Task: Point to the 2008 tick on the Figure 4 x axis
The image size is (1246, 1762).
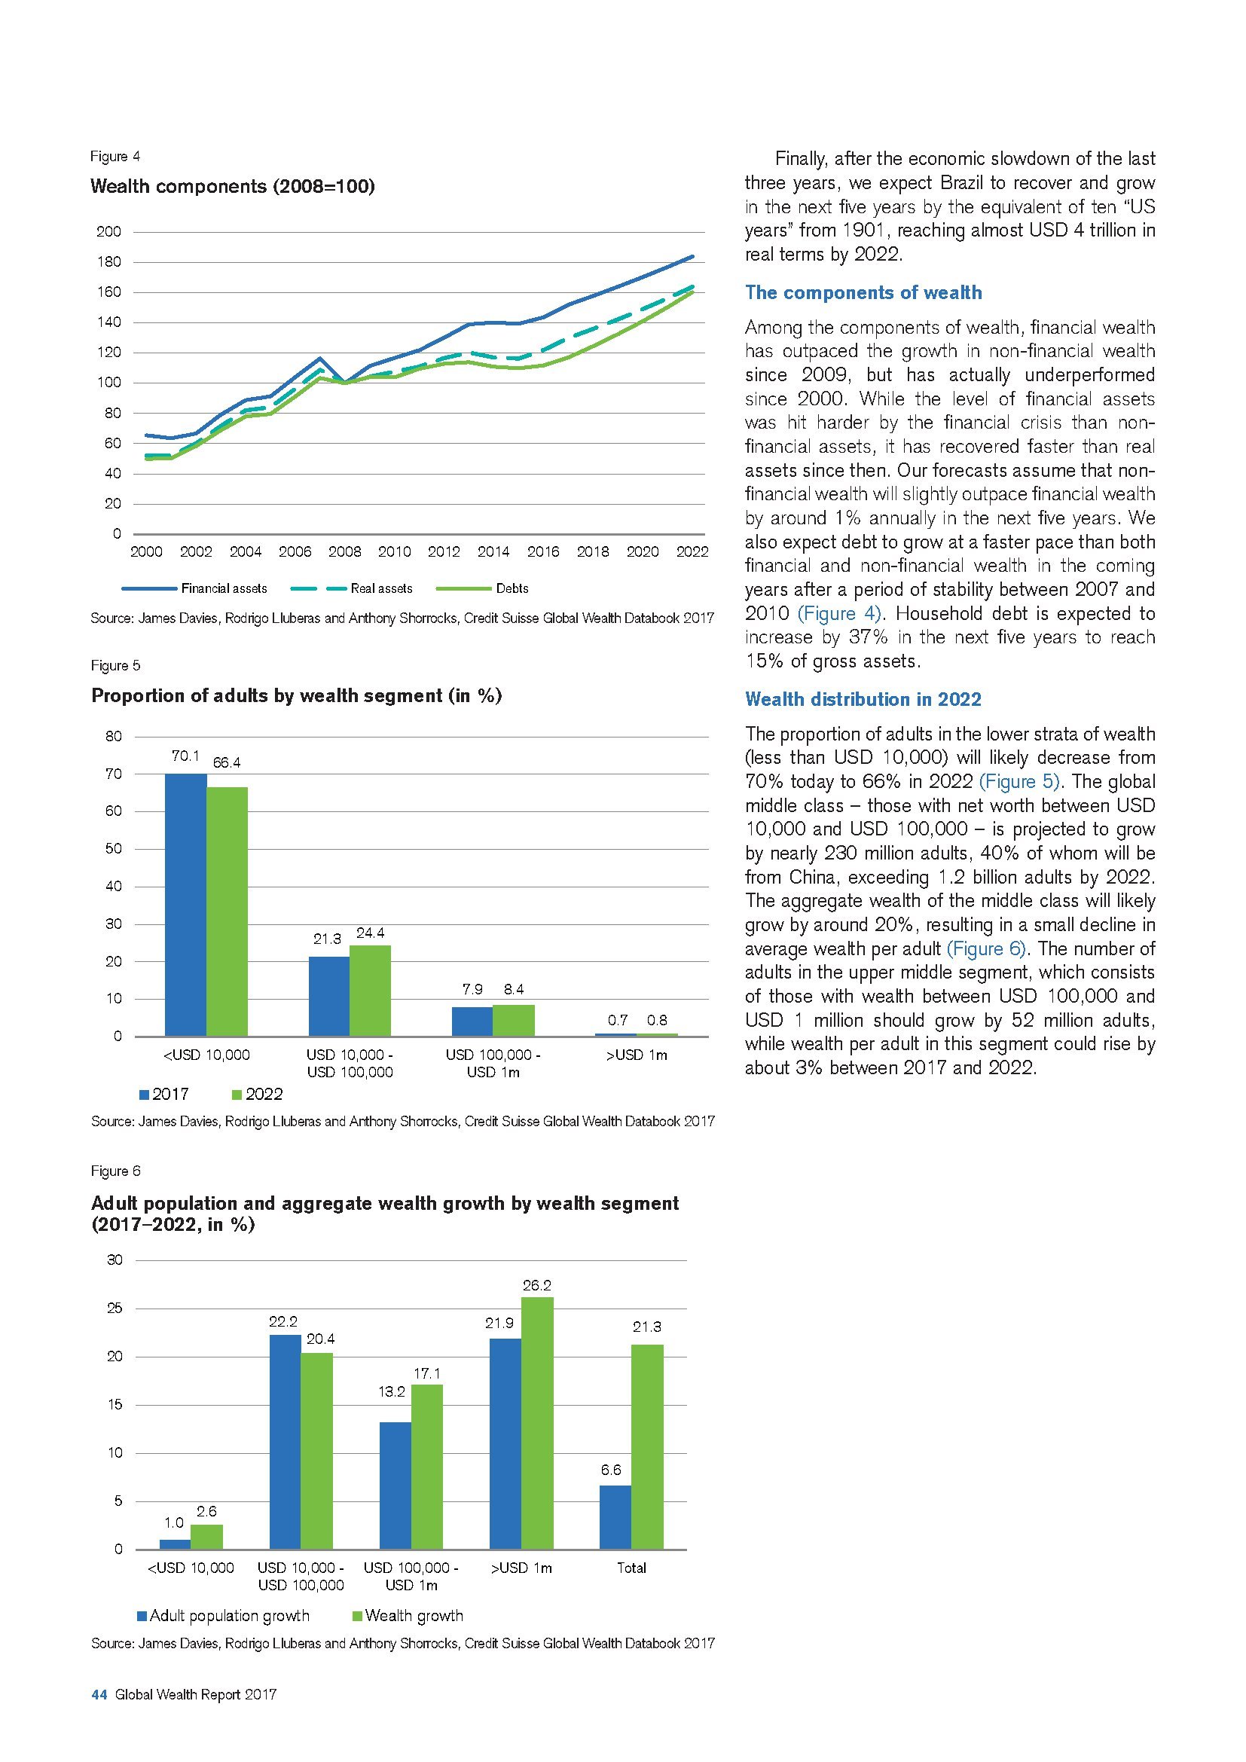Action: (x=344, y=551)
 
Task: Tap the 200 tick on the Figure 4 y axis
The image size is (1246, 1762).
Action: (x=109, y=232)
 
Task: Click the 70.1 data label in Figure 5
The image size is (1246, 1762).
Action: (x=185, y=756)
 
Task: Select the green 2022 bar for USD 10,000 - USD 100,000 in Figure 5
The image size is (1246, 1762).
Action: (x=370, y=991)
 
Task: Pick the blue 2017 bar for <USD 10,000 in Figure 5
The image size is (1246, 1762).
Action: (x=185, y=905)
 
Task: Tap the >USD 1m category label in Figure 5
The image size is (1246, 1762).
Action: (x=636, y=1055)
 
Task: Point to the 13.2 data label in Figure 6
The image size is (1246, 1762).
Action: (x=392, y=1392)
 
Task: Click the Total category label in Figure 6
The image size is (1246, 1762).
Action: (x=631, y=1568)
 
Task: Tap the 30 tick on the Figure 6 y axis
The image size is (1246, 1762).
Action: (x=114, y=1260)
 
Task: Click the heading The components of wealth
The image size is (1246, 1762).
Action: (x=863, y=292)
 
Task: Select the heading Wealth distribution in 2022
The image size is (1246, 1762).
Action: (x=863, y=699)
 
